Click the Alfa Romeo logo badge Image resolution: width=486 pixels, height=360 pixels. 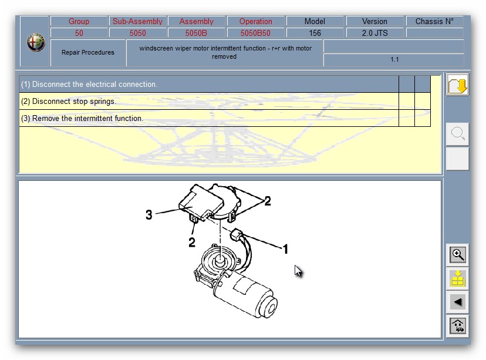click(x=36, y=42)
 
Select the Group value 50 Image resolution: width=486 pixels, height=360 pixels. click(x=79, y=33)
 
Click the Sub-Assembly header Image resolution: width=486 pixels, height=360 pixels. click(x=137, y=21)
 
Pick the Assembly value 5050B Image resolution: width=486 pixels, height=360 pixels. click(x=196, y=33)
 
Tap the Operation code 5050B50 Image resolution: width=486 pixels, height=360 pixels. click(x=255, y=33)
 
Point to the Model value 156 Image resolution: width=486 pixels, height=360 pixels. click(x=315, y=33)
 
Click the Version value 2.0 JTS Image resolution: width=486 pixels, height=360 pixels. click(x=374, y=33)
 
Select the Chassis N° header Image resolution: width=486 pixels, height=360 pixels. click(x=434, y=21)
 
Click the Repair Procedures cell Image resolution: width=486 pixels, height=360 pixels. click(x=88, y=52)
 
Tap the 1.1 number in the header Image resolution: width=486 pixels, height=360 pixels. click(x=394, y=59)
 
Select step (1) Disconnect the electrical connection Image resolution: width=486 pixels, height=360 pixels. click(x=89, y=84)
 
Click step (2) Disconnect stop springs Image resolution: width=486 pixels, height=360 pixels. click(x=69, y=101)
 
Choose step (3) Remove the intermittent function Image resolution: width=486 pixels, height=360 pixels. click(x=82, y=118)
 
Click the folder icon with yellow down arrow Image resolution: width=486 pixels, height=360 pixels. click(x=457, y=85)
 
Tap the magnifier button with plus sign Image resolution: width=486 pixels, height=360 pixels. click(x=457, y=255)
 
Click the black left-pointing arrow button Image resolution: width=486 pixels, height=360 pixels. click(x=457, y=302)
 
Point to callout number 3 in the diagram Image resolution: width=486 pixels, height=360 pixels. click(x=149, y=214)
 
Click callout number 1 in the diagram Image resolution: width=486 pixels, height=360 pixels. click(x=285, y=248)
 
